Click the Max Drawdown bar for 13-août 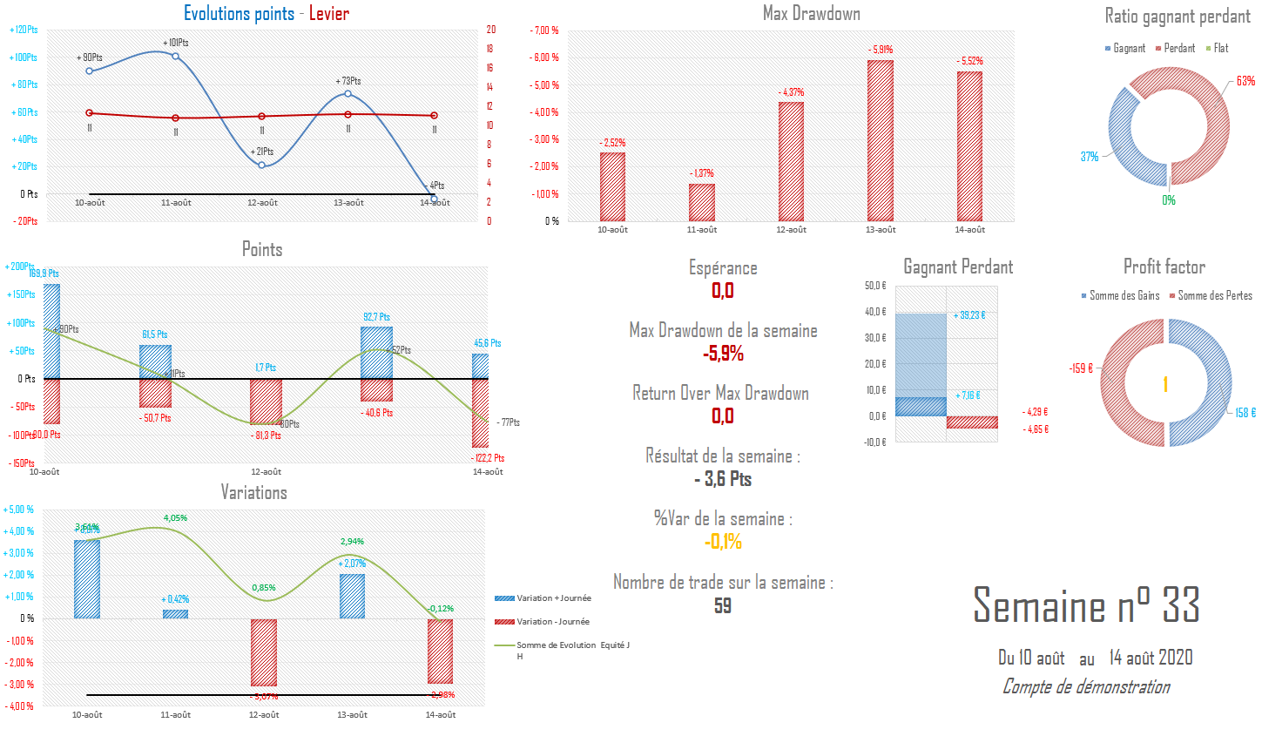881,140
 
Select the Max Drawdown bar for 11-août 702,202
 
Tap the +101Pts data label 175,43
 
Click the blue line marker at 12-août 261,165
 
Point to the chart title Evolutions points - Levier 267,14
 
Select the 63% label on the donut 1245,81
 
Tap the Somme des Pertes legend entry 1214,296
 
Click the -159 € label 1081,368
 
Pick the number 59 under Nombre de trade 723,606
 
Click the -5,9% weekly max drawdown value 723,354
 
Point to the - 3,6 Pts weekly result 723,479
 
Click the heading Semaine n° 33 1086,604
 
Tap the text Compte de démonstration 1086,686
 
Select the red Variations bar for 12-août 264,652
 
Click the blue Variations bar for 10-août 87,579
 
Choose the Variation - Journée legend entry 552,622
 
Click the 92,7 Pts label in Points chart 376,317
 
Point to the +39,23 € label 969,315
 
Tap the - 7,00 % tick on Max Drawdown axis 544,30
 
